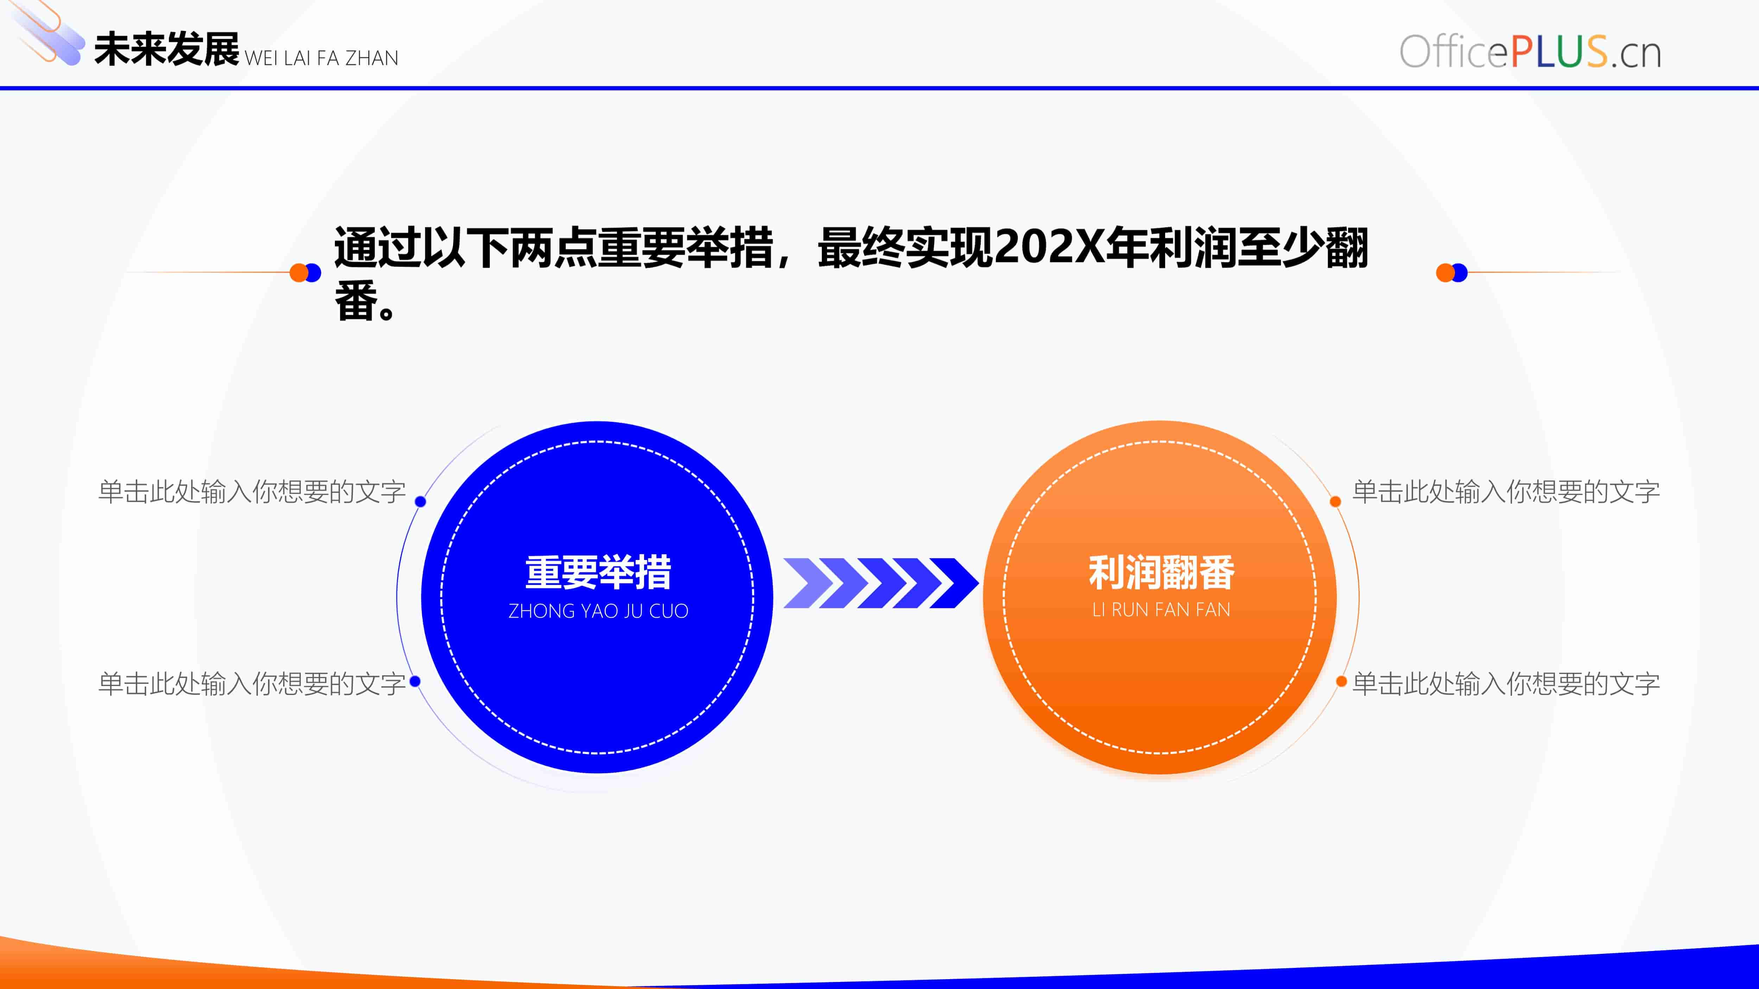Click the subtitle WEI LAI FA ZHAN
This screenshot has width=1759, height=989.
click(321, 58)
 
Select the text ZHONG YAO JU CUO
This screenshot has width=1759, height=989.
click(598, 611)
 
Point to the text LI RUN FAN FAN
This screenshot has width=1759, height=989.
click(1161, 610)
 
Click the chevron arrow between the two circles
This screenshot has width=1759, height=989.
click(881, 583)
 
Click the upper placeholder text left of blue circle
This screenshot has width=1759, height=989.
click(252, 491)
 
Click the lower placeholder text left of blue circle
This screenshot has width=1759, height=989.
click(252, 683)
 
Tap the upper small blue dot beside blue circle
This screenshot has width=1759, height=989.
click(421, 502)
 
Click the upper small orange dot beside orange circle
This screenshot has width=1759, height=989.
click(1336, 502)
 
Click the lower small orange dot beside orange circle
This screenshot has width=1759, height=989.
click(1341, 681)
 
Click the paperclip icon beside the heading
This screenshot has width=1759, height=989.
click(46, 33)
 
